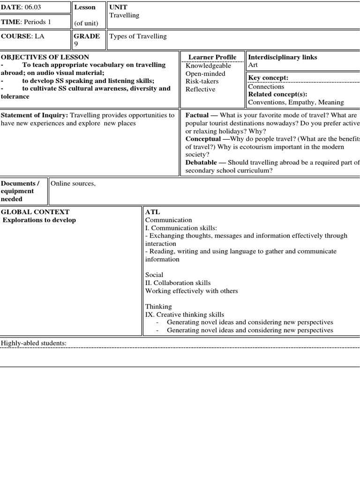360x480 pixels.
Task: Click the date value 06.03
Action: [31, 7]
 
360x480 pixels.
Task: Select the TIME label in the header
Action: [10, 22]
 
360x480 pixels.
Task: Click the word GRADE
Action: [87, 37]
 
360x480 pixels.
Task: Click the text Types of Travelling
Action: [138, 37]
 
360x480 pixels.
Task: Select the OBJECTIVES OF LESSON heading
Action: [45, 57]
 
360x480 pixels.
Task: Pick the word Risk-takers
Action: [202, 82]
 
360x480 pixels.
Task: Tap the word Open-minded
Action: [205, 74]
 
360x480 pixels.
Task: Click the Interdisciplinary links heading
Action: [282, 57]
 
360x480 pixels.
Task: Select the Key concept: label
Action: [268, 78]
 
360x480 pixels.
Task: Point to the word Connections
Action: [266, 87]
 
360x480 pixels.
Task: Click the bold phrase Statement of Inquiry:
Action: [34, 115]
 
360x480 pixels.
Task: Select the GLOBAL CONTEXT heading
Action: [35, 212]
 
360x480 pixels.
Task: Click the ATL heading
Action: [153, 212]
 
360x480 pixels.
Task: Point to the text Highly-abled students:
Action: [34, 344]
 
